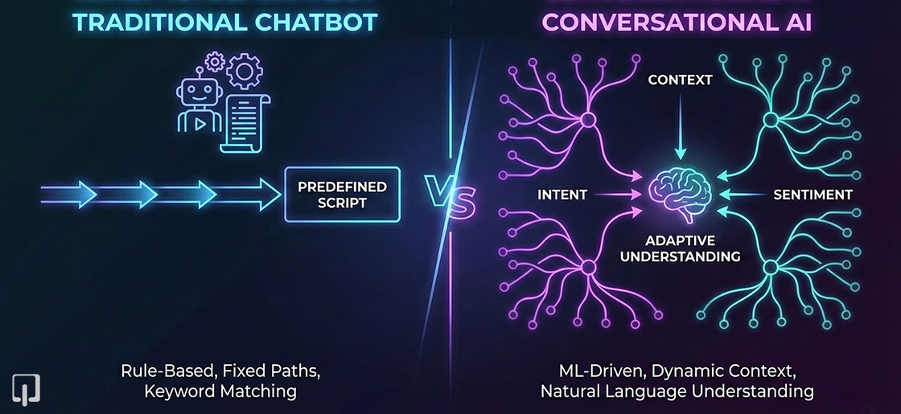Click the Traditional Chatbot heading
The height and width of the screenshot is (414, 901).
224,22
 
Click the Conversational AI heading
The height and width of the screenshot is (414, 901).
677,22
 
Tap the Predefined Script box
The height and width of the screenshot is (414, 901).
343,195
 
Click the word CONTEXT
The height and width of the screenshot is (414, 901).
681,80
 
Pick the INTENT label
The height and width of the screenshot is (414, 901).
562,194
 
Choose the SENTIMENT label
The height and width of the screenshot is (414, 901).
813,194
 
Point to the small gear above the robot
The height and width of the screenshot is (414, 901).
215,61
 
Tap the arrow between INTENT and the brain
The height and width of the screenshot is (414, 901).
620,194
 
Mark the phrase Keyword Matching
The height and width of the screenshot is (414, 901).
220,391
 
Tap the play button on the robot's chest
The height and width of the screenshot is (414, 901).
195,123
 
